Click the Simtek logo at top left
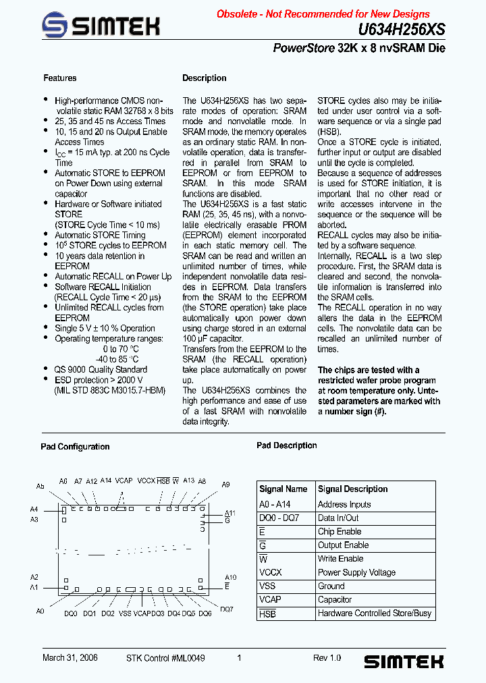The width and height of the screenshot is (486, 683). (x=101, y=26)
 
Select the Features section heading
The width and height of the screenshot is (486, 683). (x=60, y=78)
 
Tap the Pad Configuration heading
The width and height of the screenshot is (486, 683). (x=75, y=447)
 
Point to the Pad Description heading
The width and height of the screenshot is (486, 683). (x=286, y=445)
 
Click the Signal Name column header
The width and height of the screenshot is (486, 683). (x=283, y=489)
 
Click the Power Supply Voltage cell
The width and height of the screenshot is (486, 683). (x=356, y=572)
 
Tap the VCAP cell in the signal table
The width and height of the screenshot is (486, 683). (x=270, y=599)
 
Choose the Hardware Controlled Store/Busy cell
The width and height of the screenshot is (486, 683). (x=375, y=613)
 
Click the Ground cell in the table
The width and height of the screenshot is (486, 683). (x=331, y=586)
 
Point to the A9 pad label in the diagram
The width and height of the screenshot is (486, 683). (x=226, y=485)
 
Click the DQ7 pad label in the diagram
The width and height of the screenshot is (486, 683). (x=227, y=609)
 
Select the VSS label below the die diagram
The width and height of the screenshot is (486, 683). (x=125, y=613)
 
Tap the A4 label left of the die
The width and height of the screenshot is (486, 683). (x=34, y=510)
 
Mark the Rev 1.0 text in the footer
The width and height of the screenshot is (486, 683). (x=327, y=658)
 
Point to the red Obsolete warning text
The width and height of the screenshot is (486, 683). (x=323, y=14)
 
